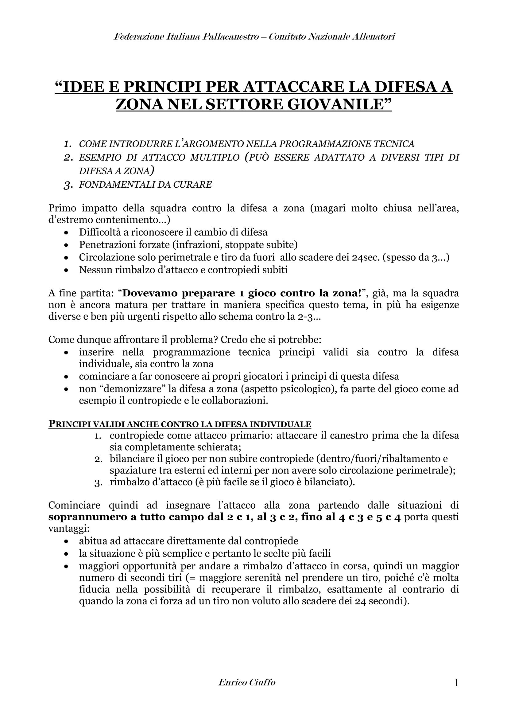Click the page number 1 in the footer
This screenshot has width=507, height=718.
pyautogui.click(x=456, y=684)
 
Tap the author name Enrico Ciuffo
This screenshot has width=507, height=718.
pyautogui.click(x=247, y=683)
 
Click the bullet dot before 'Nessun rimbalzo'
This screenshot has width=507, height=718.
pyautogui.click(x=66, y=270)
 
